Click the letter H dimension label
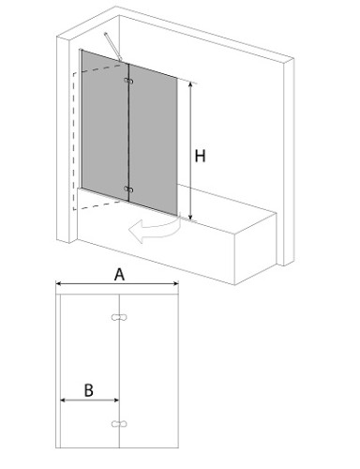(200, 156)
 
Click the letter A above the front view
(119, 275)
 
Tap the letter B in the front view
(89, 390)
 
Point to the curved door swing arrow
(154, 231)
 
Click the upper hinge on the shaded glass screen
(128, 81)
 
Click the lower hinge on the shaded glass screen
(128, 189)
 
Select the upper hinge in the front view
(119, 317)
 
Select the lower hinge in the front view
(119, 424)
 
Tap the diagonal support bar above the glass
(113, 47)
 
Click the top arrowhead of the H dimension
(190, 84)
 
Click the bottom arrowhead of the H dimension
(190, 217)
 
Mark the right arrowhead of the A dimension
(175, 283)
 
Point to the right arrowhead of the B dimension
(116, 400)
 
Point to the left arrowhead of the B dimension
(63, 400)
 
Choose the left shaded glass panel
(105, 125)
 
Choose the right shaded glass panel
(153, 140)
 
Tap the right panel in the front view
(149, 371)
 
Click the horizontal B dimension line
(90, 400)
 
